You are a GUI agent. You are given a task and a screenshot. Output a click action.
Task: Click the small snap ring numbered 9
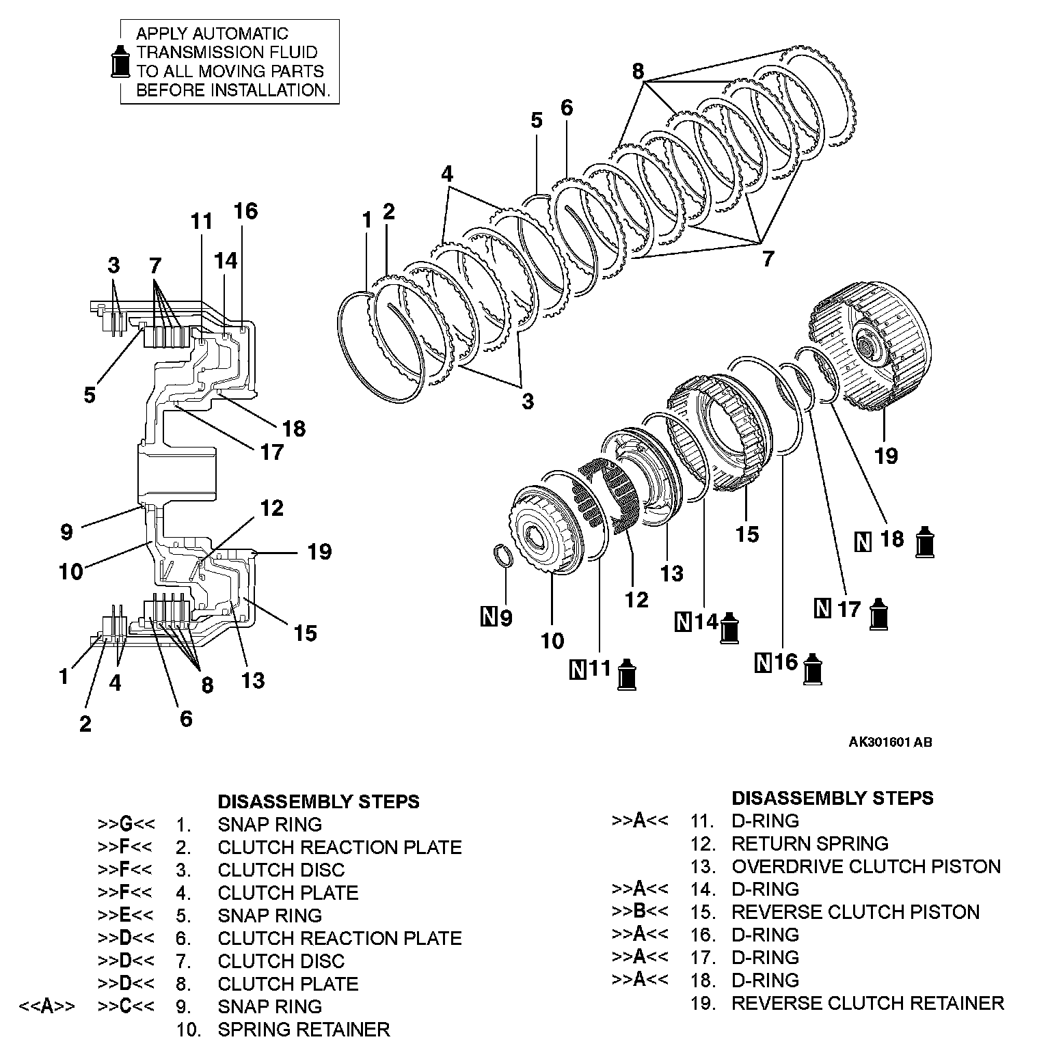pos(504,554)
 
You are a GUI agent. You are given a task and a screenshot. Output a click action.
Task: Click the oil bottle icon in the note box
pos(120,61)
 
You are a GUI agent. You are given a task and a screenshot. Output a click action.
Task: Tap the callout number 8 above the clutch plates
pos(638,71)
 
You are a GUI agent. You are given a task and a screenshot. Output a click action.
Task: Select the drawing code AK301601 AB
pos(890,743)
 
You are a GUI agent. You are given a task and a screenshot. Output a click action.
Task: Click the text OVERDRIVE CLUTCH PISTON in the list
pos(866,867)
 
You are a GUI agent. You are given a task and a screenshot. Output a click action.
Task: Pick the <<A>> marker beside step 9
pos(47,1006)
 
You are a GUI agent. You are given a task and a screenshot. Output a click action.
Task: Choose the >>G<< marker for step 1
pos(125,825)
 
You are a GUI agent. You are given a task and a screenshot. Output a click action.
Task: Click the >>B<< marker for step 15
pos(640,912)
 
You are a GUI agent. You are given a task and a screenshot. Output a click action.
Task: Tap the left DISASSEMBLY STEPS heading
pos(318,801)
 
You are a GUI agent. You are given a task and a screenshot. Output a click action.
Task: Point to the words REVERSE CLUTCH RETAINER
pos(867,1004)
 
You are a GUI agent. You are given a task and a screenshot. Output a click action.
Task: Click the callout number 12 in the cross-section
pos(271,508)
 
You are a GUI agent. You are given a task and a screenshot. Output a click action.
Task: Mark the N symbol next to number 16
pos(764,662)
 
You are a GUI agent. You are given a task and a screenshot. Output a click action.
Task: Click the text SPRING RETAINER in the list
pos(304,1030)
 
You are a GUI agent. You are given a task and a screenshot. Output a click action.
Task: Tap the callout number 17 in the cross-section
pos(271,452)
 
